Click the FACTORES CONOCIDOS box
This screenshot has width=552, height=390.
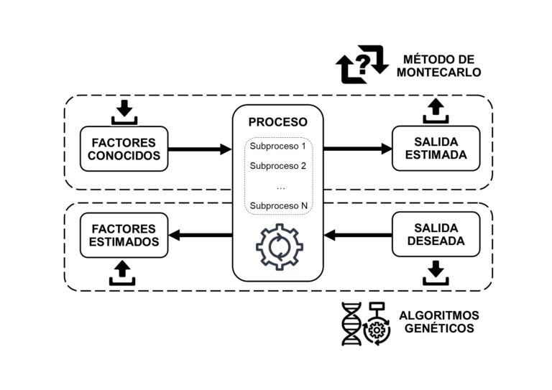click(124, 149)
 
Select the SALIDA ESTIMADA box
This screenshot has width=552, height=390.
click(436, 149)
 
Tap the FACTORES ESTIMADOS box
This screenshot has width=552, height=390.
click(124, 235)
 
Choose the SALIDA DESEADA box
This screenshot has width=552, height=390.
click(436, 235)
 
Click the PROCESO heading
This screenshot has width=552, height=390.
click(277, 122)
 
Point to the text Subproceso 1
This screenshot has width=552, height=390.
click(279, 147)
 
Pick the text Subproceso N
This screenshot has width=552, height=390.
click(279, 206)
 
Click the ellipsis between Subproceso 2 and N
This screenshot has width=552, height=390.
click(280, 186)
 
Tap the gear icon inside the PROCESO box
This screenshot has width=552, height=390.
click(280, 247)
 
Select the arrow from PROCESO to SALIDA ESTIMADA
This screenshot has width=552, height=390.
click(356, 149)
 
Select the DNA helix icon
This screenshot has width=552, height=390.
click(351, 324)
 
